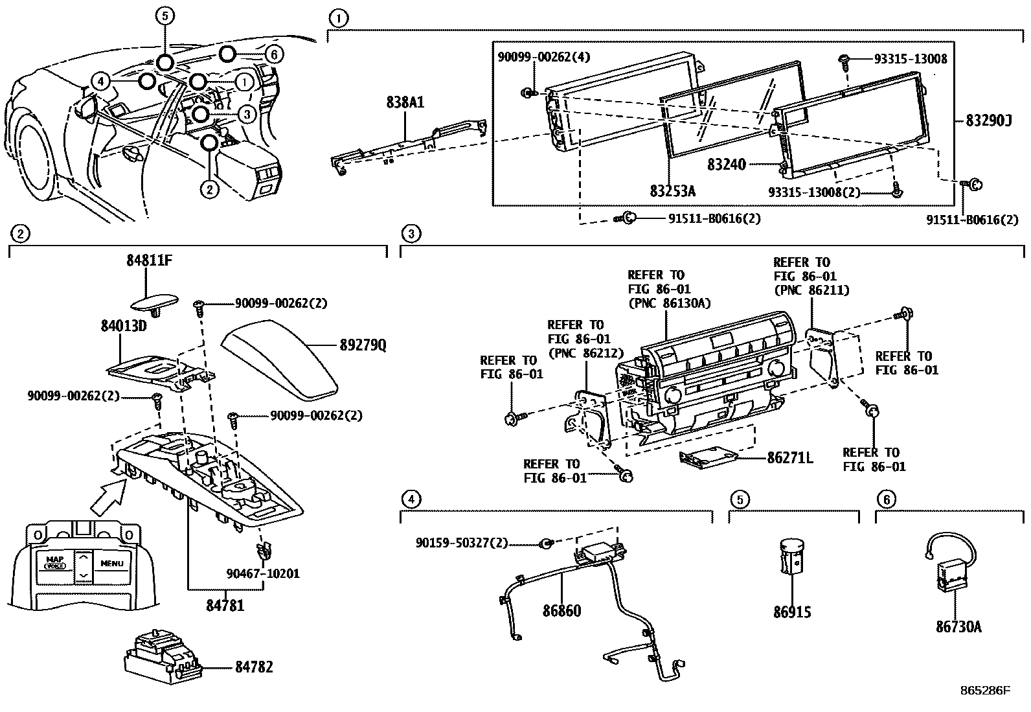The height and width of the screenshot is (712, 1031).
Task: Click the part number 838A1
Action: tap(405, 102)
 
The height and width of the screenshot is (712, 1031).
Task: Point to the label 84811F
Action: tap(149, 261)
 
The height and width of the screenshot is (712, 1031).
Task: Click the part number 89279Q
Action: tap(363, 345)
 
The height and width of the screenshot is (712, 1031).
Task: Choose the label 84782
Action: tap(253, 667)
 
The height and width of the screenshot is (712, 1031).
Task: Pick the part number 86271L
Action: tap(789, 458)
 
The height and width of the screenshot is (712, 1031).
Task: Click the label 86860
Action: tap(561, 611)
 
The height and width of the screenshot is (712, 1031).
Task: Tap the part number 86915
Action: tap(791, 612)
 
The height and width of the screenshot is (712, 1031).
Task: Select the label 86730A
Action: tap(958, 626)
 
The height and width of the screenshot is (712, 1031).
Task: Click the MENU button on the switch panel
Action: tap(111, 564)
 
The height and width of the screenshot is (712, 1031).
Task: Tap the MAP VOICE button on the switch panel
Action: tap(55, 562)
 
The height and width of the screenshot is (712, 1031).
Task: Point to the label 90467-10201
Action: tap(263, 573)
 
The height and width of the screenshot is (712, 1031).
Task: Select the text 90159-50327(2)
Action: tap(462, 543)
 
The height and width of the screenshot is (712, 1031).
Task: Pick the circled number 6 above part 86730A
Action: tap(886, 499)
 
